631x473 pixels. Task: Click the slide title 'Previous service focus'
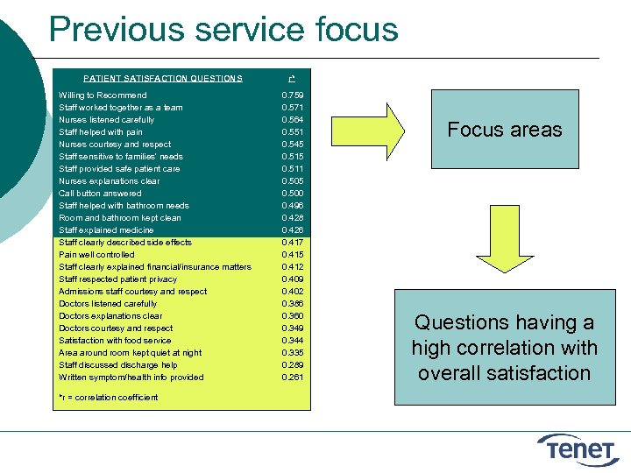click(x=223, y=29)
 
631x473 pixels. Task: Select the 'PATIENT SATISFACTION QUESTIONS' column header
click(x=163, y=78)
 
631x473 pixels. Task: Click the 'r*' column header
click(x=291, y=78)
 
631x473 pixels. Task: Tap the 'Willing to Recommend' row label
click(x=103, y=95)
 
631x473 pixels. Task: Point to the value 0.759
click(x=292, y=95)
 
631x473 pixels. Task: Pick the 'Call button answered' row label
click(x=100, y=193)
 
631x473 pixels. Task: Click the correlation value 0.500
click(x=292, y=193)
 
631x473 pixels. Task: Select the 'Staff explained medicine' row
click(x=107, y=229)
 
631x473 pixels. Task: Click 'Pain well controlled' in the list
click(x=96, y=254)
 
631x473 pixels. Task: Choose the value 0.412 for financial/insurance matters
click(x=292, y=266)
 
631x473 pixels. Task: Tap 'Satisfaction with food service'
click(x=115, y=340)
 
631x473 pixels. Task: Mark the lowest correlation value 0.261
click(x=292, y=377)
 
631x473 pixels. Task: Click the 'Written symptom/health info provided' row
click(x=131, y=377)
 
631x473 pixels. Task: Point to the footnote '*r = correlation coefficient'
click(x=109, y=397)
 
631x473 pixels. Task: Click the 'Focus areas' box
click(x=504, y=130)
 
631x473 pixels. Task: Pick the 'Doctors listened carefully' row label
click(x=108, y=303)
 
